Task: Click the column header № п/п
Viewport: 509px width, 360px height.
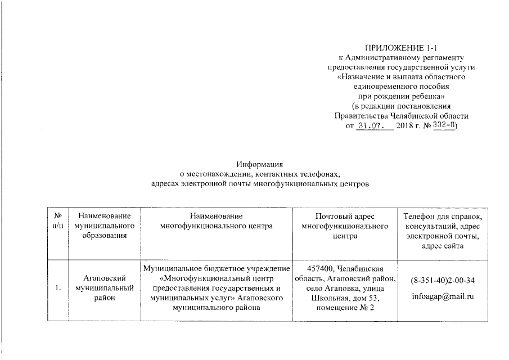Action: (x=58, y=221)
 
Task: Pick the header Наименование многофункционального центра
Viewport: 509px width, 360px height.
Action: (x=216, y=221)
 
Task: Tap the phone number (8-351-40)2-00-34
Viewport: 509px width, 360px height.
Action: (x=442, y=280)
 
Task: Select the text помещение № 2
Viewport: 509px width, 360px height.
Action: (x=345, y=307)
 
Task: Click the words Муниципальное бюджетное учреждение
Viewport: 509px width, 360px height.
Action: (x=217, y=268)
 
